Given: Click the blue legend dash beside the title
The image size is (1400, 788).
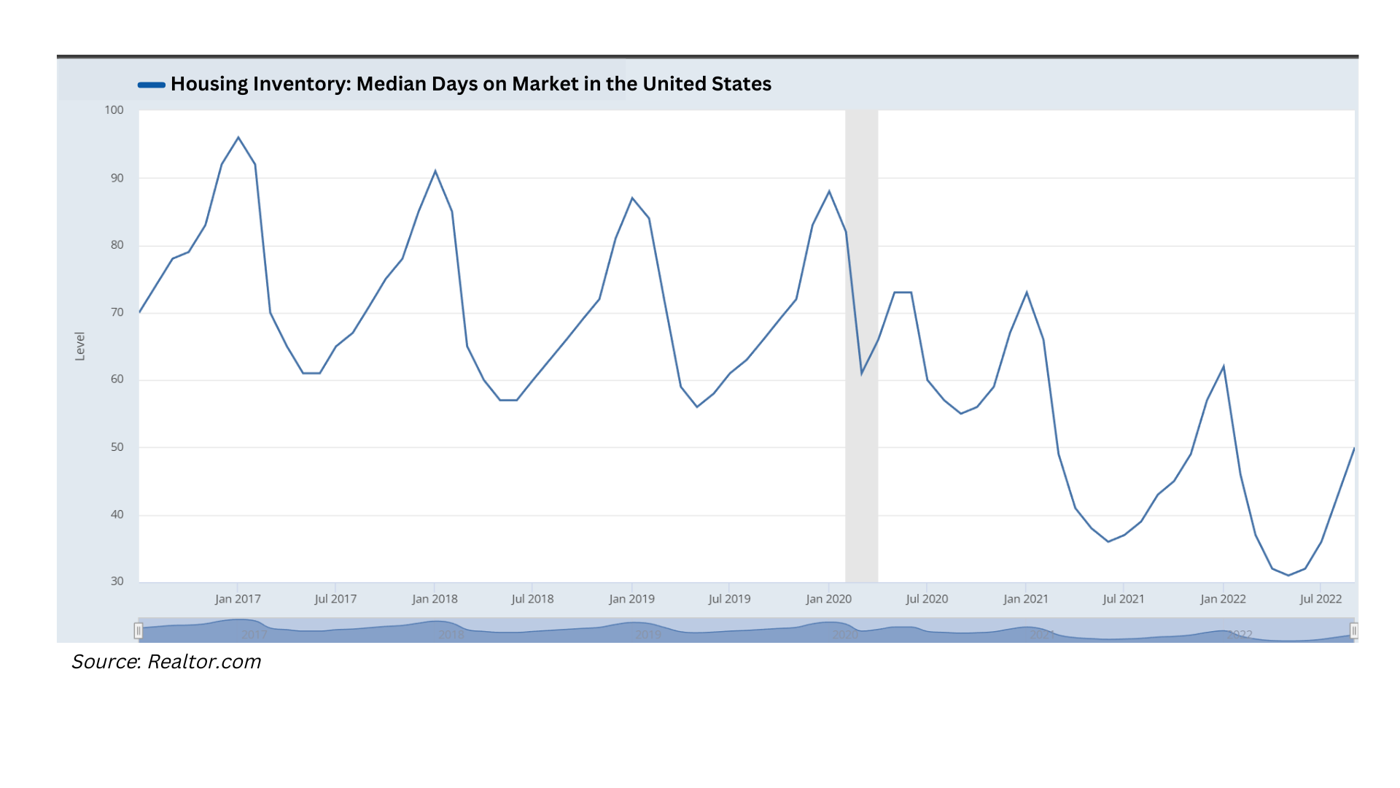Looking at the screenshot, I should tap(152, 85).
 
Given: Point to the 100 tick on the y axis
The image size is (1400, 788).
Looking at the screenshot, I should tap(114, 110).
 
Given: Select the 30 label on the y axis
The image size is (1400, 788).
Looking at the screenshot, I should tap(117, 582).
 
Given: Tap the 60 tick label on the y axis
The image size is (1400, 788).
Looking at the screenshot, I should tap(117, 379).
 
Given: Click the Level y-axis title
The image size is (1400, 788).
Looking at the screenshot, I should tap(80, 346).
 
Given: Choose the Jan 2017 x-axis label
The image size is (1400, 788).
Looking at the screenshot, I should tap(238, 599).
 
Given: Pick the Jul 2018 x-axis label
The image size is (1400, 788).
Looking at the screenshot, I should tap(532, 599).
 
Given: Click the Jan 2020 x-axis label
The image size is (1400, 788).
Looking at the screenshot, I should tap(828, 599).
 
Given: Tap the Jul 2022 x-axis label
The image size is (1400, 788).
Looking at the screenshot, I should tap(1321, 599).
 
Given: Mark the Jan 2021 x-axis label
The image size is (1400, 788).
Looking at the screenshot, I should tap(1026, 599).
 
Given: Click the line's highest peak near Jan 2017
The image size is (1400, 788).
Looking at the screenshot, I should tap(238, 138).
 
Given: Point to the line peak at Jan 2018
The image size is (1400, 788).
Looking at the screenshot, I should tap(435, 171).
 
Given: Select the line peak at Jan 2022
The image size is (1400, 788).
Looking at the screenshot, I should tap(1224, 366).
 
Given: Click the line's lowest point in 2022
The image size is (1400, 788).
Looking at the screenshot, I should tap(1288, 575).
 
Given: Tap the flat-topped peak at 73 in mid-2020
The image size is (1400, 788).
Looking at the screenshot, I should tap(903, 293).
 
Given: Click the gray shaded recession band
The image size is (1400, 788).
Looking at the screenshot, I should tap(861, 438).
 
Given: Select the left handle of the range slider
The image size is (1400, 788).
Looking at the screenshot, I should tap(138, 630).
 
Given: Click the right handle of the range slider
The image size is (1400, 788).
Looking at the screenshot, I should tap(1354, 630).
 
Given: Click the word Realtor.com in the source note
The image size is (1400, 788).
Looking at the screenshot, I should tap(204, 662).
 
